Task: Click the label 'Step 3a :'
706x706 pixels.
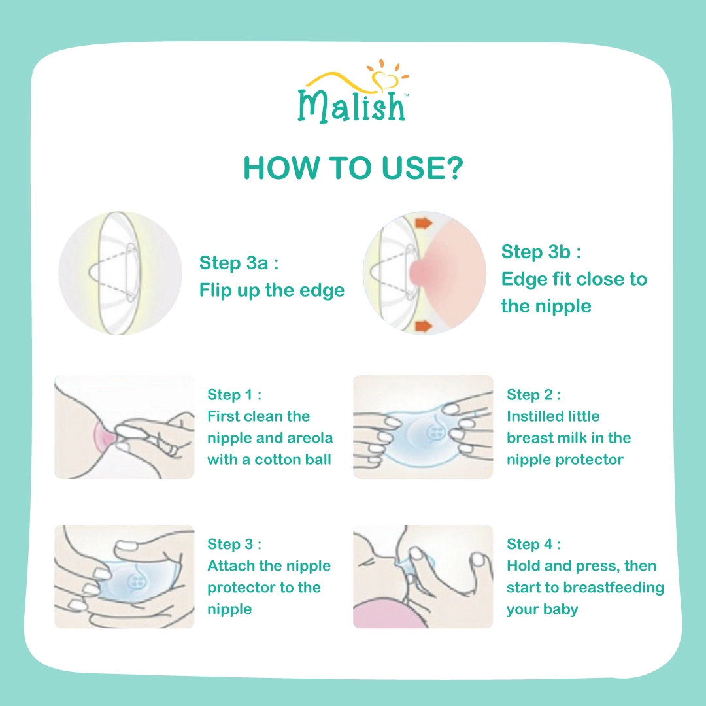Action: (x=239, y=263)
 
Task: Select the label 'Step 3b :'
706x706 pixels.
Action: (x=541, y=252)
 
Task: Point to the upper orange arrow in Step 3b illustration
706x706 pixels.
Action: (x=423, y=222)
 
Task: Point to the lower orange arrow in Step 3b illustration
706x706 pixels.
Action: (x=423, y=326)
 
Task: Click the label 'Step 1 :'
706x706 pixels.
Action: (x=234, y=394)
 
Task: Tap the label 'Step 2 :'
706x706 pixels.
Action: (x=533, y=394)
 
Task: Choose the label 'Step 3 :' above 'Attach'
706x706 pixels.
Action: (x=234, y=544)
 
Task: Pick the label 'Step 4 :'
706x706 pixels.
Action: (x=533, y=544)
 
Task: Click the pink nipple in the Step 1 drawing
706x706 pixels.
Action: (x=105, y=437)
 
